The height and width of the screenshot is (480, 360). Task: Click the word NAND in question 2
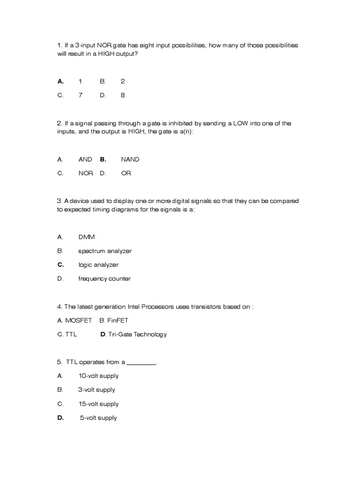coord(130,159)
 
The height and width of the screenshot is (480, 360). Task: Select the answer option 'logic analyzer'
coord(98,265)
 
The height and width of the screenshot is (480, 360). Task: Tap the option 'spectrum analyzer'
coord(105,251)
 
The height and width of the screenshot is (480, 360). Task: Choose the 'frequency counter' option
coord(104,279)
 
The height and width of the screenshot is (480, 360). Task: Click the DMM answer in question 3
coord(86,237)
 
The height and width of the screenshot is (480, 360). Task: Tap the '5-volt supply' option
coord(98,418)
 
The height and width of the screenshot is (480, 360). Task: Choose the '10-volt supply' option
coord(98,376)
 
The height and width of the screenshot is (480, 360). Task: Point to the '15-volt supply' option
coord(98,404)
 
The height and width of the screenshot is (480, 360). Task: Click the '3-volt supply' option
coord(97,390)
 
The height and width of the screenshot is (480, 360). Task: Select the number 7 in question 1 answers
coord(80,95)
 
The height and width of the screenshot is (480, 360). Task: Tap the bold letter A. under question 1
coord(60,81)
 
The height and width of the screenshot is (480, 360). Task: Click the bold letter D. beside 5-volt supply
coord(60,418)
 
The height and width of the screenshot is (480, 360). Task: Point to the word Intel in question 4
coord(134,307)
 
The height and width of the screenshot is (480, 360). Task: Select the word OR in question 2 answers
coord(126,173)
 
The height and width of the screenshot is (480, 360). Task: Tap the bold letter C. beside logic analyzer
coord(60,265)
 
